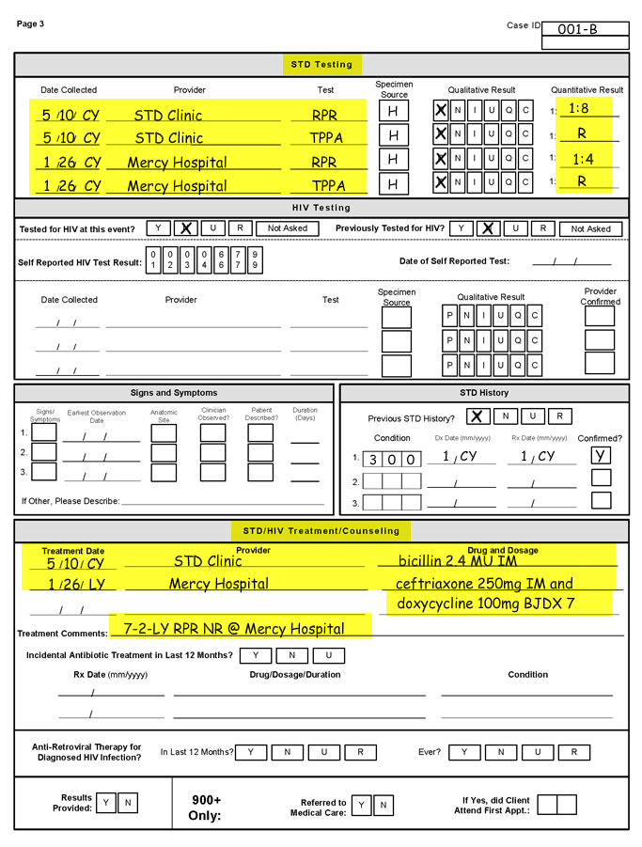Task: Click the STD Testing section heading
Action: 321,65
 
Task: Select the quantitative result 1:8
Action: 579,108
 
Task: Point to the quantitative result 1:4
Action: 583,160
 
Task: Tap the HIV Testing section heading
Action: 321,208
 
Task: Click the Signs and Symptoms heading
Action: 174,393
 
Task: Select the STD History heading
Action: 483,393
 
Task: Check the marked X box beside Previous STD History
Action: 477,416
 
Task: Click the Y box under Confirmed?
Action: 601,455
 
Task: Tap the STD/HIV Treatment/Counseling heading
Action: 321,531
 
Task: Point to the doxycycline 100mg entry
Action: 485,604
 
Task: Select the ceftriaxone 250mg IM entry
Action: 483,583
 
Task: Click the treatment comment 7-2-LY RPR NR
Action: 234,628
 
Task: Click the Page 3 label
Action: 30,24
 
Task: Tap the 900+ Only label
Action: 206,807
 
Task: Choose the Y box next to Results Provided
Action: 107,803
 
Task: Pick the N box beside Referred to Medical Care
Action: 383,805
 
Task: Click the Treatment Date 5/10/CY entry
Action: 74,564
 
